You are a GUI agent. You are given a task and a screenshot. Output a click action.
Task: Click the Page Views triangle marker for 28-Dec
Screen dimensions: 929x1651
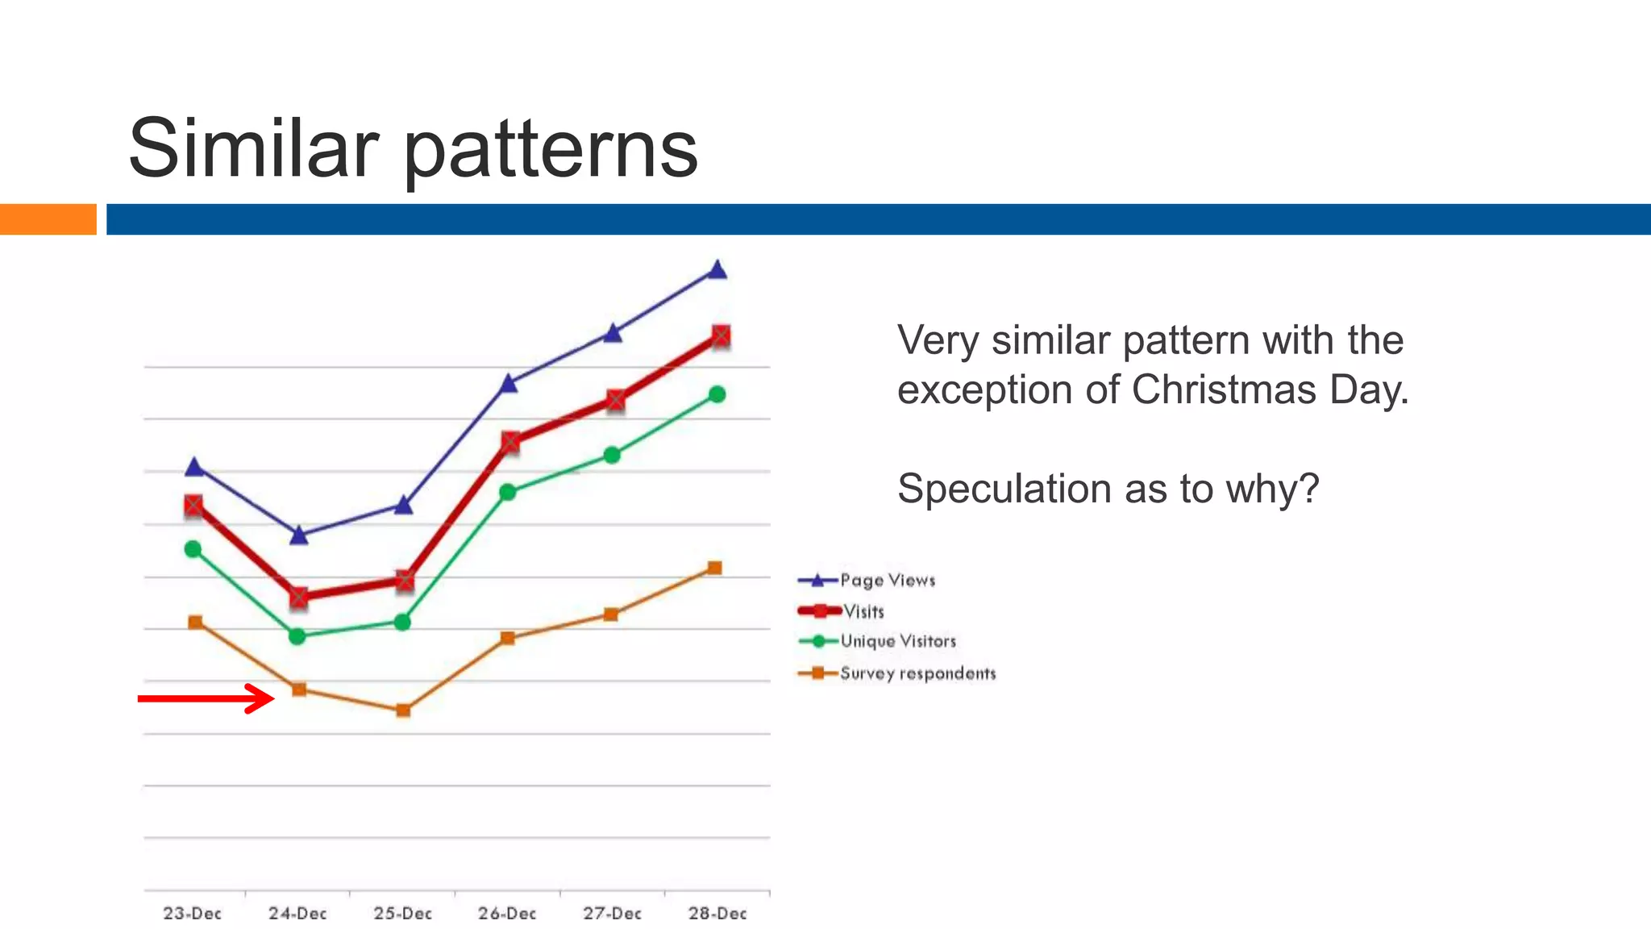717,270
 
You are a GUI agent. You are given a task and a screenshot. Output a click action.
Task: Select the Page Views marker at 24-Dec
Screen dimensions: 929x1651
298,535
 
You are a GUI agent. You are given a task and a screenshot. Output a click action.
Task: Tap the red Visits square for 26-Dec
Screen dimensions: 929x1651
510,441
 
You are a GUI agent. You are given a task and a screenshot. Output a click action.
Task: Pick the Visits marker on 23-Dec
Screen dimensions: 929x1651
193,506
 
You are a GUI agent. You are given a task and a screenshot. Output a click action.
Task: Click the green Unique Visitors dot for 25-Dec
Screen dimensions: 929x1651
402,622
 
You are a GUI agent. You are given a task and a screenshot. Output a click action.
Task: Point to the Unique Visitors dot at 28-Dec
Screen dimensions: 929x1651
717,394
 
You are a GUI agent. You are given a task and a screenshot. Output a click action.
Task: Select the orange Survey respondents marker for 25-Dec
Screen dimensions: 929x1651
403,710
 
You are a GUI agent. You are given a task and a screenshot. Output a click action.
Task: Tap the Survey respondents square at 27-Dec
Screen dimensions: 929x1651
611,614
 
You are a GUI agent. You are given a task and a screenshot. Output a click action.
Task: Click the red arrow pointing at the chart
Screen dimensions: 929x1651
206,698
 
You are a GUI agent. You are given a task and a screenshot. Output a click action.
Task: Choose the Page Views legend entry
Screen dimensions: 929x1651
867,581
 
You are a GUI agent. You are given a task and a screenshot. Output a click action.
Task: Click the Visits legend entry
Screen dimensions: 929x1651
842,611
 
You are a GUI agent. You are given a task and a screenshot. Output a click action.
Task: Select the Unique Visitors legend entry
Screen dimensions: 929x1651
878,641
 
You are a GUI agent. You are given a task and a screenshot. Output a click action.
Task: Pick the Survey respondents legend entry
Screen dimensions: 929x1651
897,673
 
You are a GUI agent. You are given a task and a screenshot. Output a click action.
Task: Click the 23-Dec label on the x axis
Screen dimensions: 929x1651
192,913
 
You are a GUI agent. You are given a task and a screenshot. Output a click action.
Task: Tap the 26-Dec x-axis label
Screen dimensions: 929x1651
507,913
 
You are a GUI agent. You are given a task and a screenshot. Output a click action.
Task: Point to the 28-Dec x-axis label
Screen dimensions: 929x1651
717,913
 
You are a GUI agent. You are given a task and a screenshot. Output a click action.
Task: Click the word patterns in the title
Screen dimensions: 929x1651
550,150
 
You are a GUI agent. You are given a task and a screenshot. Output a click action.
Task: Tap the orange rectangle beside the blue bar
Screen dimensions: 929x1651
48,219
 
